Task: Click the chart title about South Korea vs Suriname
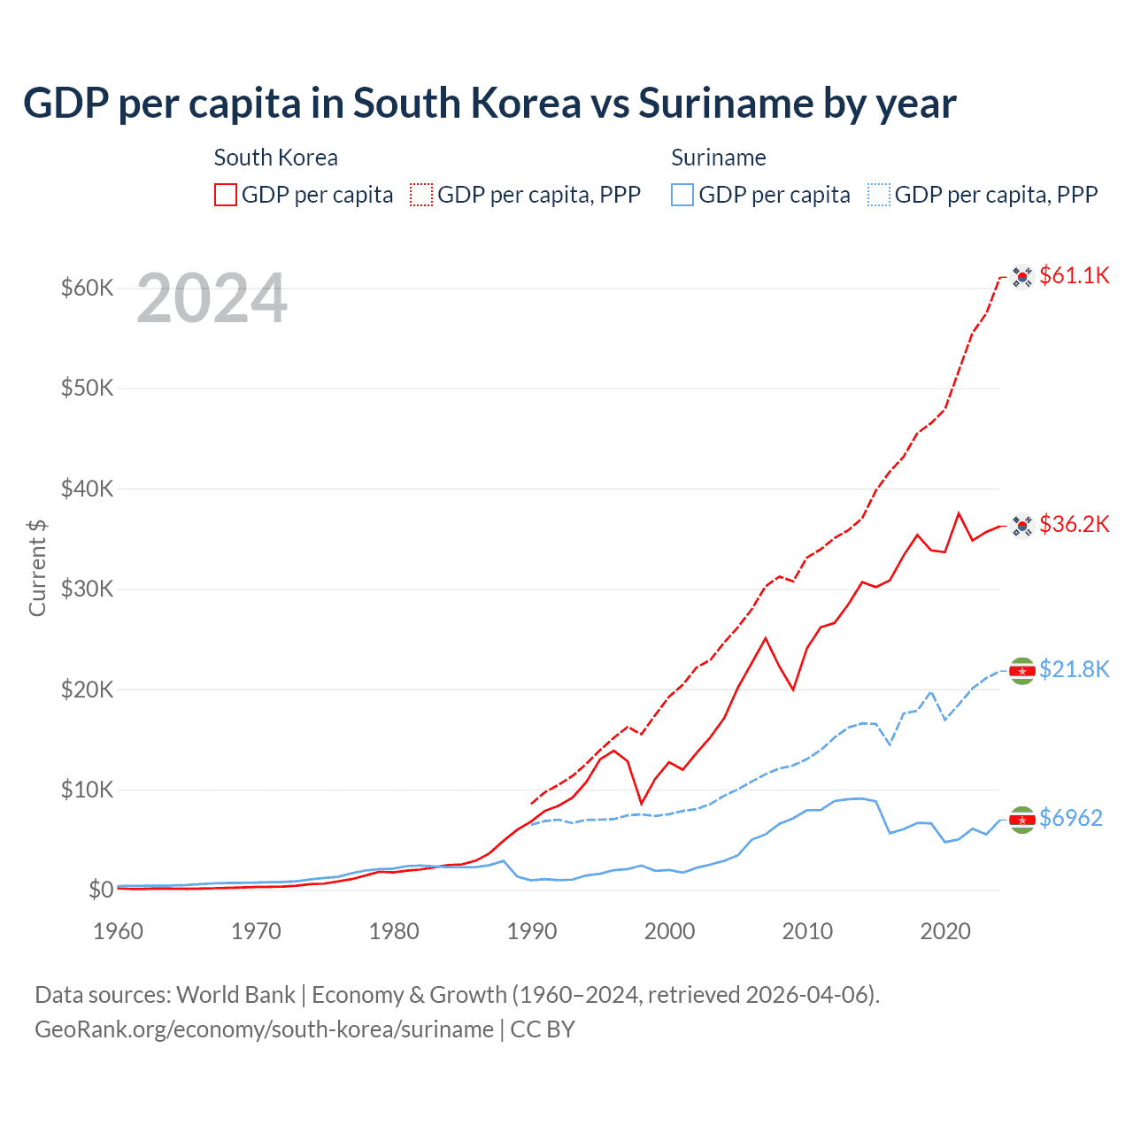tap(489, 104)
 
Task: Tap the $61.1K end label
tap(1074, 275)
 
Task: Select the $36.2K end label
tap(1074, 524)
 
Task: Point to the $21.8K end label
tap(1074, 669)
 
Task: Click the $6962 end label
tap(1070, 818)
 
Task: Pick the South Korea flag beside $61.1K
tap(1022, 277)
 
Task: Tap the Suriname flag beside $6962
tap(1022, 820)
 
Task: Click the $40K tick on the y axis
tap(87, 489)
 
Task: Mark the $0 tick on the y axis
tap(100, 890)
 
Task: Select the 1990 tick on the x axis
tap(532, 931)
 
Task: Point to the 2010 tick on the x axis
tap(807, 931)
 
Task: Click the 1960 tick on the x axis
tap(119, 931)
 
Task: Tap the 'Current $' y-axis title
tap(37, 568)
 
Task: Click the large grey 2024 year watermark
tap(212, 299)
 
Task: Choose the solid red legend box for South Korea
tap(226, 195)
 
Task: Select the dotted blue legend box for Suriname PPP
tap(879, 195)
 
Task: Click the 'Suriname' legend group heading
tap(718, 158)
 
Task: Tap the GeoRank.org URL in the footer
tap(264, 1029)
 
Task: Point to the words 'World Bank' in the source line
tap(235, 995)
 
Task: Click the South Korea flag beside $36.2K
tap(1022, 526)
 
